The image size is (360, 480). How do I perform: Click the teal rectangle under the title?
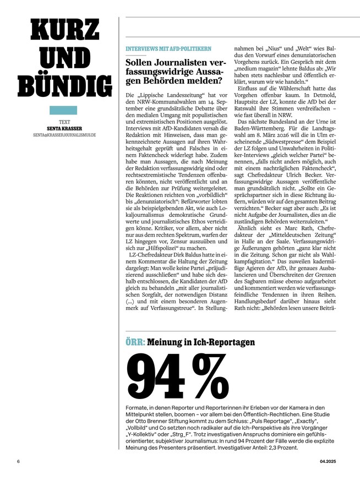tap(64, 110)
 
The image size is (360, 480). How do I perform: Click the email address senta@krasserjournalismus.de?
tap(64, 134)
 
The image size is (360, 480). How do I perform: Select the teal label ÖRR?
tap(135, 342)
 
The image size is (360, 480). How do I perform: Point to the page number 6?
tap(18, 461)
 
